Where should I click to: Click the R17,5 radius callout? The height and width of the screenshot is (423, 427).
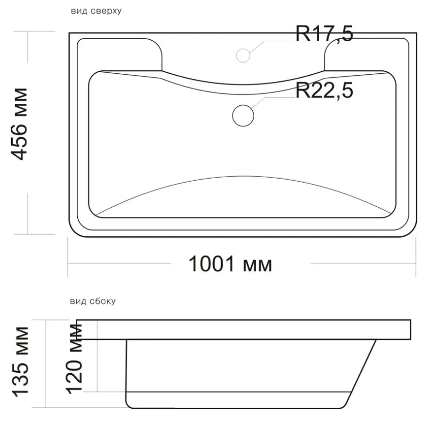324,34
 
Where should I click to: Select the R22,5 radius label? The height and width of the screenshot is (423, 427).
324,90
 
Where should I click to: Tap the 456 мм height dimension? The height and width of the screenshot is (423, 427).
19,124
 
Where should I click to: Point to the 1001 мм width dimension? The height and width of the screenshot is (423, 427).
230,264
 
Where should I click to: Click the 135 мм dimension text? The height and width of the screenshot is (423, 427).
20,361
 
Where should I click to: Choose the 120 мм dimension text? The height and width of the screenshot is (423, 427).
74,359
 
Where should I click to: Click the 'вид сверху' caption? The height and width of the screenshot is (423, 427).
96,11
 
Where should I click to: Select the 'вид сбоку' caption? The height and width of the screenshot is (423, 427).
93,301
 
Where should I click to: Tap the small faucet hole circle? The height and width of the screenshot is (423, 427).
243,55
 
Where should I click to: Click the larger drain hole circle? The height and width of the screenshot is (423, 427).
243,116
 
